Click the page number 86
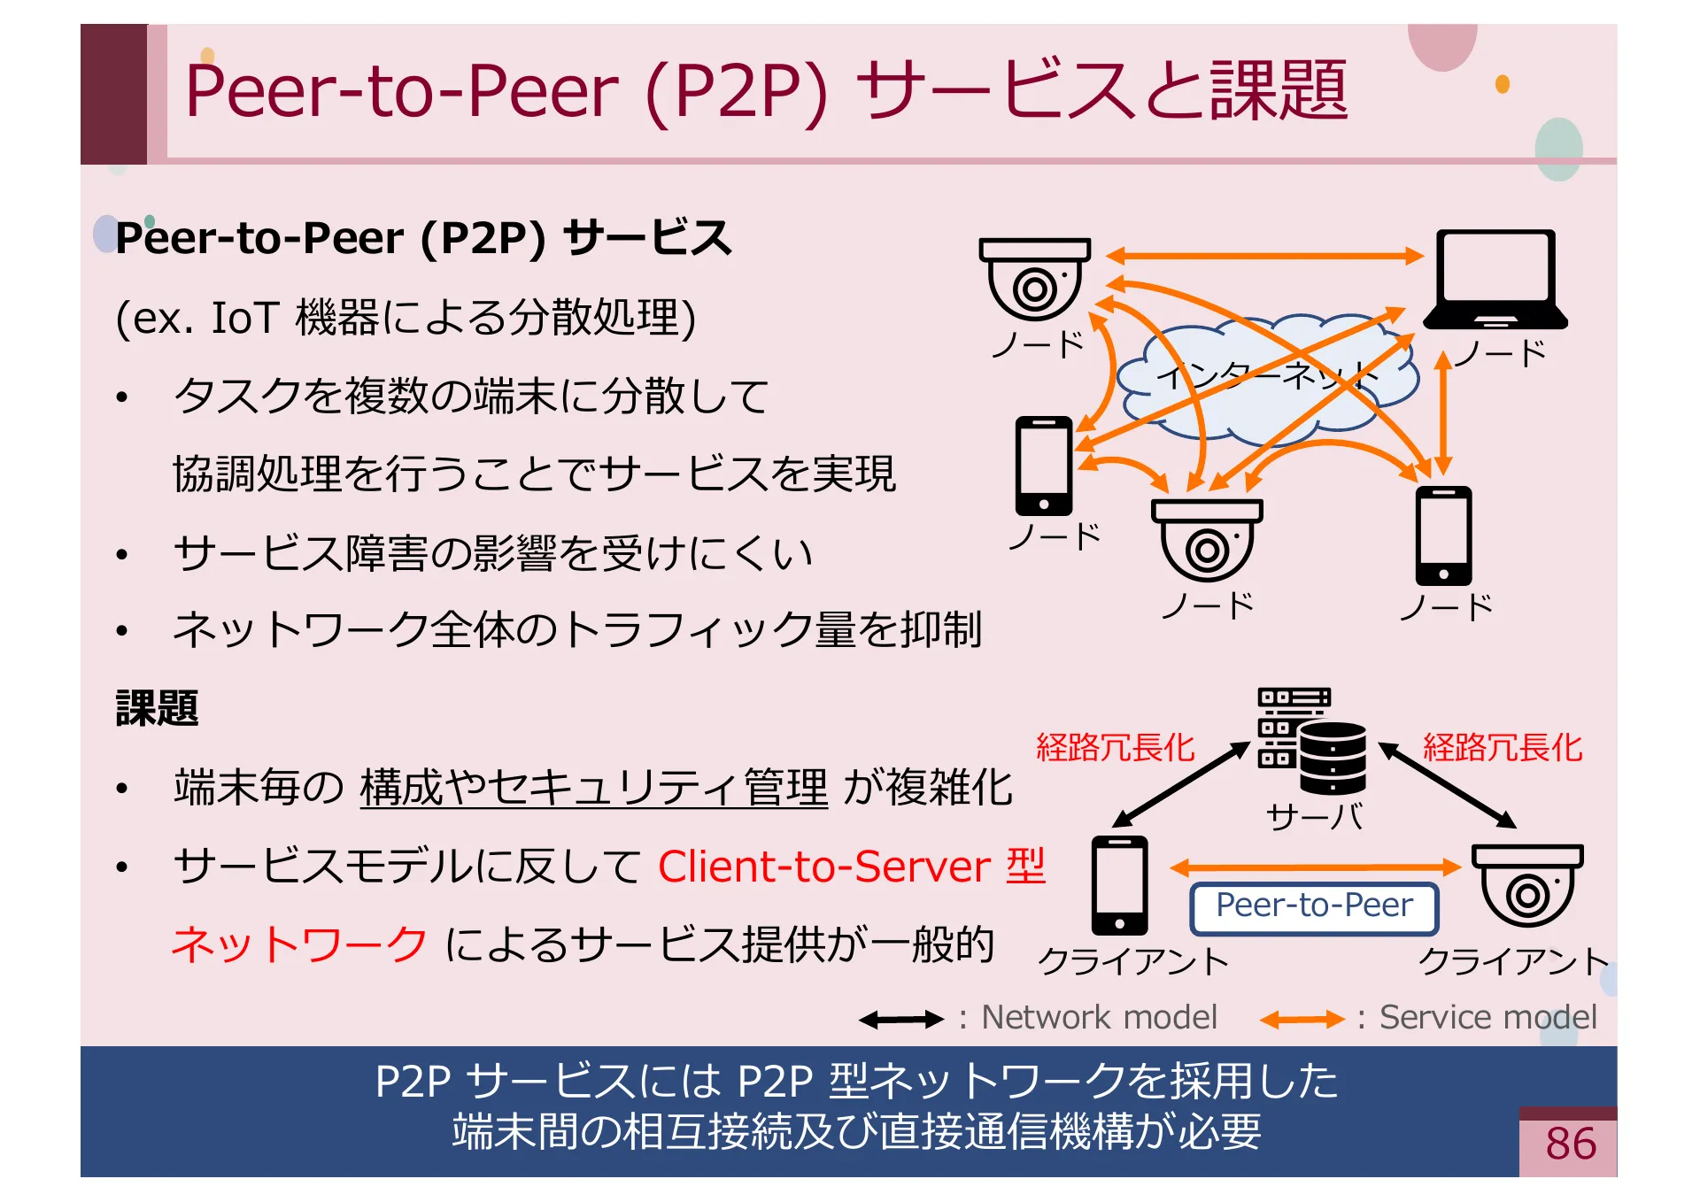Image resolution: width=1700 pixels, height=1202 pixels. pos(1570,1144)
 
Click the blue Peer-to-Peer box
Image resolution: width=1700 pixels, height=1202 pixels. pos(1314,907)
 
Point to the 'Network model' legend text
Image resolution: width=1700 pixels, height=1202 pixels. pos(1099,1018)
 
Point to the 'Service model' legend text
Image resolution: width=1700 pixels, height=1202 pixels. pos(1487,1018)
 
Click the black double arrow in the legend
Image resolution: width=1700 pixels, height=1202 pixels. pos(901,1020)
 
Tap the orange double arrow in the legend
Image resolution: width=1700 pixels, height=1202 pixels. pos(1302,1020)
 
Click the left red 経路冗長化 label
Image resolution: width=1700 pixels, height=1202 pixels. pos(1116,748)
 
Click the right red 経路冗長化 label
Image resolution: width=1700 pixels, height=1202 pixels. pos(1502,748)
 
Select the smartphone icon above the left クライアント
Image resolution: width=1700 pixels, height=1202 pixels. pos(1119,885)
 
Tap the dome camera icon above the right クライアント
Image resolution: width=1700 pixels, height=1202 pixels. pos(1526,885)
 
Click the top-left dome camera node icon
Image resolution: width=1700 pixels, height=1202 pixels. pos(1034,279)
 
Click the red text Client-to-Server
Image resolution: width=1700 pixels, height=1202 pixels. pos(823,867)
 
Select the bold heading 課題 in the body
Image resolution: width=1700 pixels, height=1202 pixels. pos(157,708)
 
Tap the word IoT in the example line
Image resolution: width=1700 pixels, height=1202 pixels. pos(244,318)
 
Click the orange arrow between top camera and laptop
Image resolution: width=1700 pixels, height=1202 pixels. pos(1264,256)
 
